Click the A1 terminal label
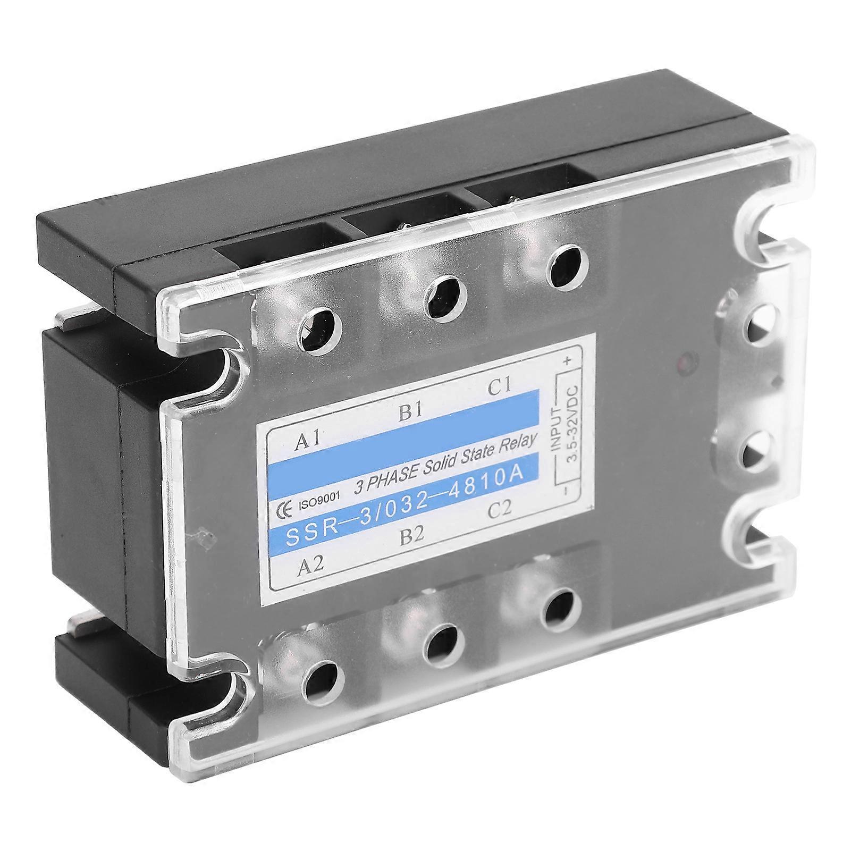(x=307, y=440)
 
